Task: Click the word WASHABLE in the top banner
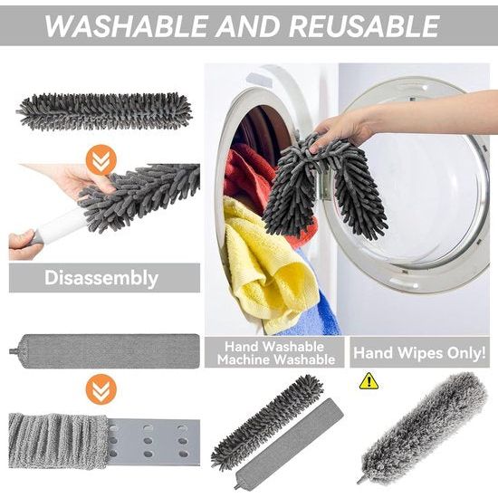127,26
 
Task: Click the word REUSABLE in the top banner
364,26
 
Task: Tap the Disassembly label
101,278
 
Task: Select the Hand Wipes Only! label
419,352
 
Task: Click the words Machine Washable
276,359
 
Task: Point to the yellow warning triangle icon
369,381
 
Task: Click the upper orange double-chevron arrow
101,159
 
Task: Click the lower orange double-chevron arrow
101,389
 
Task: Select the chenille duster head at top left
105,111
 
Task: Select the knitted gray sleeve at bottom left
57,441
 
